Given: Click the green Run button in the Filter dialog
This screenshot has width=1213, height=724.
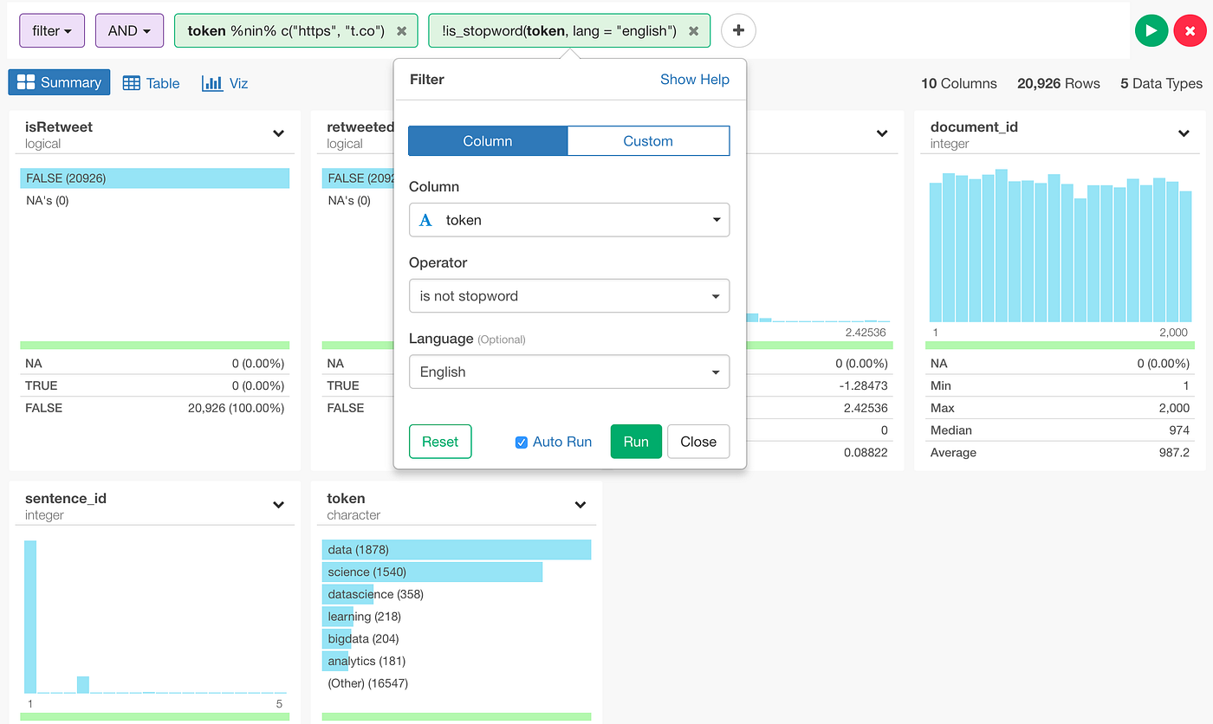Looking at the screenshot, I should [636, 442].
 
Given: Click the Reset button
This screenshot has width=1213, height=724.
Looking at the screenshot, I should [440, 442].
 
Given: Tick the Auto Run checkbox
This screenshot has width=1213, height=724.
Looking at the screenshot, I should [522, 443].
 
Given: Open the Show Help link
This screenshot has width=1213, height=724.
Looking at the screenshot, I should [694, 80].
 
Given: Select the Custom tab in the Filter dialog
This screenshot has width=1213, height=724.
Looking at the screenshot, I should [648, 141].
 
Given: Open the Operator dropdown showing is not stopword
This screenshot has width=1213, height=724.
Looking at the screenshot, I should [569, 296].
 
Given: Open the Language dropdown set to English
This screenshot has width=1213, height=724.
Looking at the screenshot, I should [569, 372].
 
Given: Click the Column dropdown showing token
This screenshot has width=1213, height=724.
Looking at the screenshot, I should [569, 220].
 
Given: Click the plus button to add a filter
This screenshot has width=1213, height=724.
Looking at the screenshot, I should [738, 30].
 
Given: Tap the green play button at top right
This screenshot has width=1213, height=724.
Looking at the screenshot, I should [1151, 30].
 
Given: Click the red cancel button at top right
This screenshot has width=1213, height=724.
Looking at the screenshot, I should [1190, 30].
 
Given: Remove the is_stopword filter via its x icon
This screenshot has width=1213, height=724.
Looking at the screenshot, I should [693, 31].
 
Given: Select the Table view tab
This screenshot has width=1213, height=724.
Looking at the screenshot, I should [152, 83].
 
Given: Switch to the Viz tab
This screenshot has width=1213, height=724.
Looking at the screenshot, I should [225, 83].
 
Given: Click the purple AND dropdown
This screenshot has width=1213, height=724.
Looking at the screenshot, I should [129, 31].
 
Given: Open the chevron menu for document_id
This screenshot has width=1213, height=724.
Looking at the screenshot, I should [1184, 133].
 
